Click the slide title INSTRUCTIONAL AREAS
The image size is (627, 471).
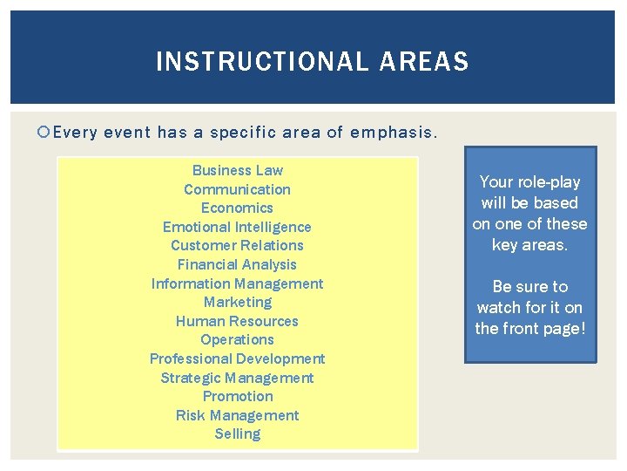(312, 62)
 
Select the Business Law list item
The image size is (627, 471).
(238, 170)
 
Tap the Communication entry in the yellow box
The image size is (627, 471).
(237, 189)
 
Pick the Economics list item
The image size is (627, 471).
(237, 208)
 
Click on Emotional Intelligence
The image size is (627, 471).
(237, 227)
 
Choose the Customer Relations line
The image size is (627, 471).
(237, 245)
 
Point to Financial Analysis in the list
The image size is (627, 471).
(237, 264)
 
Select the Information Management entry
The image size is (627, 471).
(237, 283)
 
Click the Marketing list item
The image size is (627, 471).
(237, 302)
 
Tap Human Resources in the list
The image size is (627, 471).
(237, 321)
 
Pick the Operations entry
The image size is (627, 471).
(237, 339)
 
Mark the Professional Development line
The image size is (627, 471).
(237, 358)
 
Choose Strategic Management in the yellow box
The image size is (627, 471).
(237, 378)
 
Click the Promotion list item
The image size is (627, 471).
(237, 396)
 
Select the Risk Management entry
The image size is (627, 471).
(237, 415)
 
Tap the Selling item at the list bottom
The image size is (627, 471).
(237, 433)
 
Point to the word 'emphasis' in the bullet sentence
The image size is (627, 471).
(393, 133)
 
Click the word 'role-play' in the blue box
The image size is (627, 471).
(548, 181)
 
